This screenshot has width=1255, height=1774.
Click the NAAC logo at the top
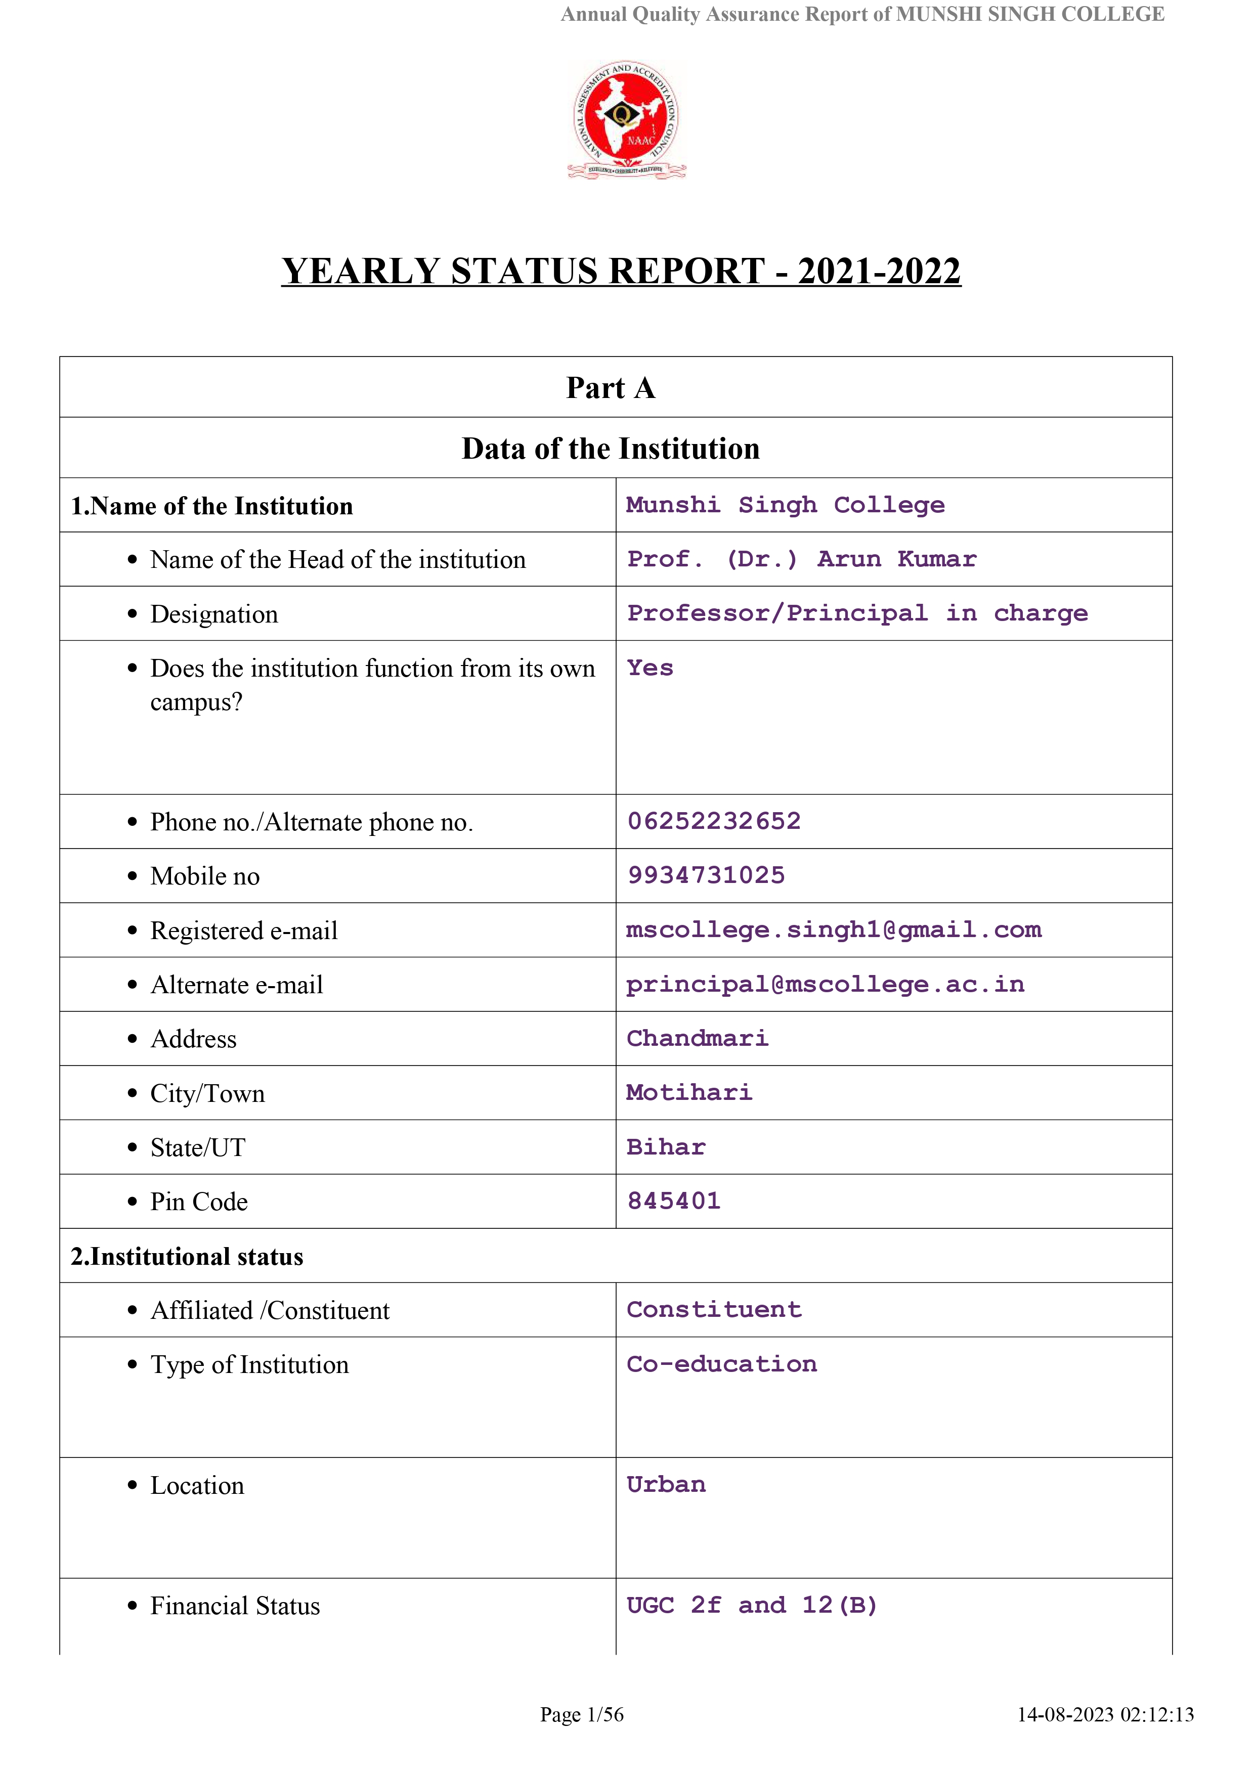(627, 120)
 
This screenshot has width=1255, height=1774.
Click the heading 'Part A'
(611, 388)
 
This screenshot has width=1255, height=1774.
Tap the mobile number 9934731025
(706, 875)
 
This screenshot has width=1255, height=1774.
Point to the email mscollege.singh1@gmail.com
(833, 929)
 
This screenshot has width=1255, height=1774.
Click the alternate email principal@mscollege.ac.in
(825, 985)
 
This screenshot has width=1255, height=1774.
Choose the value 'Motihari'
(688, 1092)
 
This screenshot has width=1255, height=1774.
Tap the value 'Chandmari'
(697, 1038)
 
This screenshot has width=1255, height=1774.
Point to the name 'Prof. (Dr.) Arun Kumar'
(801, 559)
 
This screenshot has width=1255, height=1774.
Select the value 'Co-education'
(721, 1364)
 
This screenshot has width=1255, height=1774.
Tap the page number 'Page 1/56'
(581, 1714)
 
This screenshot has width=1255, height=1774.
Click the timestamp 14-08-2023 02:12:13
(1105, 1714)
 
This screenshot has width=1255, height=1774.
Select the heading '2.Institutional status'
(187, 1256)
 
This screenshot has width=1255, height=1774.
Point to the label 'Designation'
(214, 614)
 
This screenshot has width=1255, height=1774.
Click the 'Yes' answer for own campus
(650, 668)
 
